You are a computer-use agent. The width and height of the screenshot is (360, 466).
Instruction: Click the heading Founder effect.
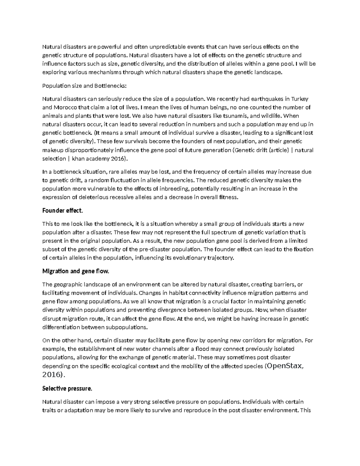click(62, 210)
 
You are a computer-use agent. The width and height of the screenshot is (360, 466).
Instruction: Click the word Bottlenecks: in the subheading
click(111, 86)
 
